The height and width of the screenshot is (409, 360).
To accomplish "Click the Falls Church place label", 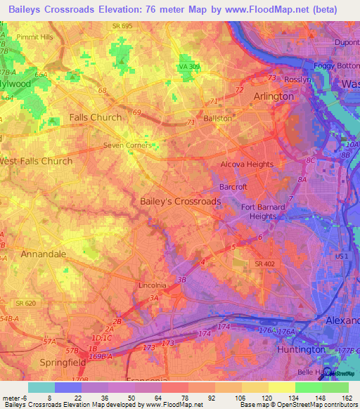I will tap(95, 117).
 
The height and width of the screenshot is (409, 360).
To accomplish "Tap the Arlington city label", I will tap(274, 96).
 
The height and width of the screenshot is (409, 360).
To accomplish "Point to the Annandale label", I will tap(43, 254).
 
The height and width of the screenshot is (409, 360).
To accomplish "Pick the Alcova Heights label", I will tap(247, 164).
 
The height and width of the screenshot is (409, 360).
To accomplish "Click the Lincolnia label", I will tap(152, 285).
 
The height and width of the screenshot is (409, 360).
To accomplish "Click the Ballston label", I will tap(217, 119).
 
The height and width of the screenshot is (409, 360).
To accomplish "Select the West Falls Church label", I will tap(36, 161).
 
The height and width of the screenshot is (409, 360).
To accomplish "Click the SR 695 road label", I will tap(121, 25).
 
